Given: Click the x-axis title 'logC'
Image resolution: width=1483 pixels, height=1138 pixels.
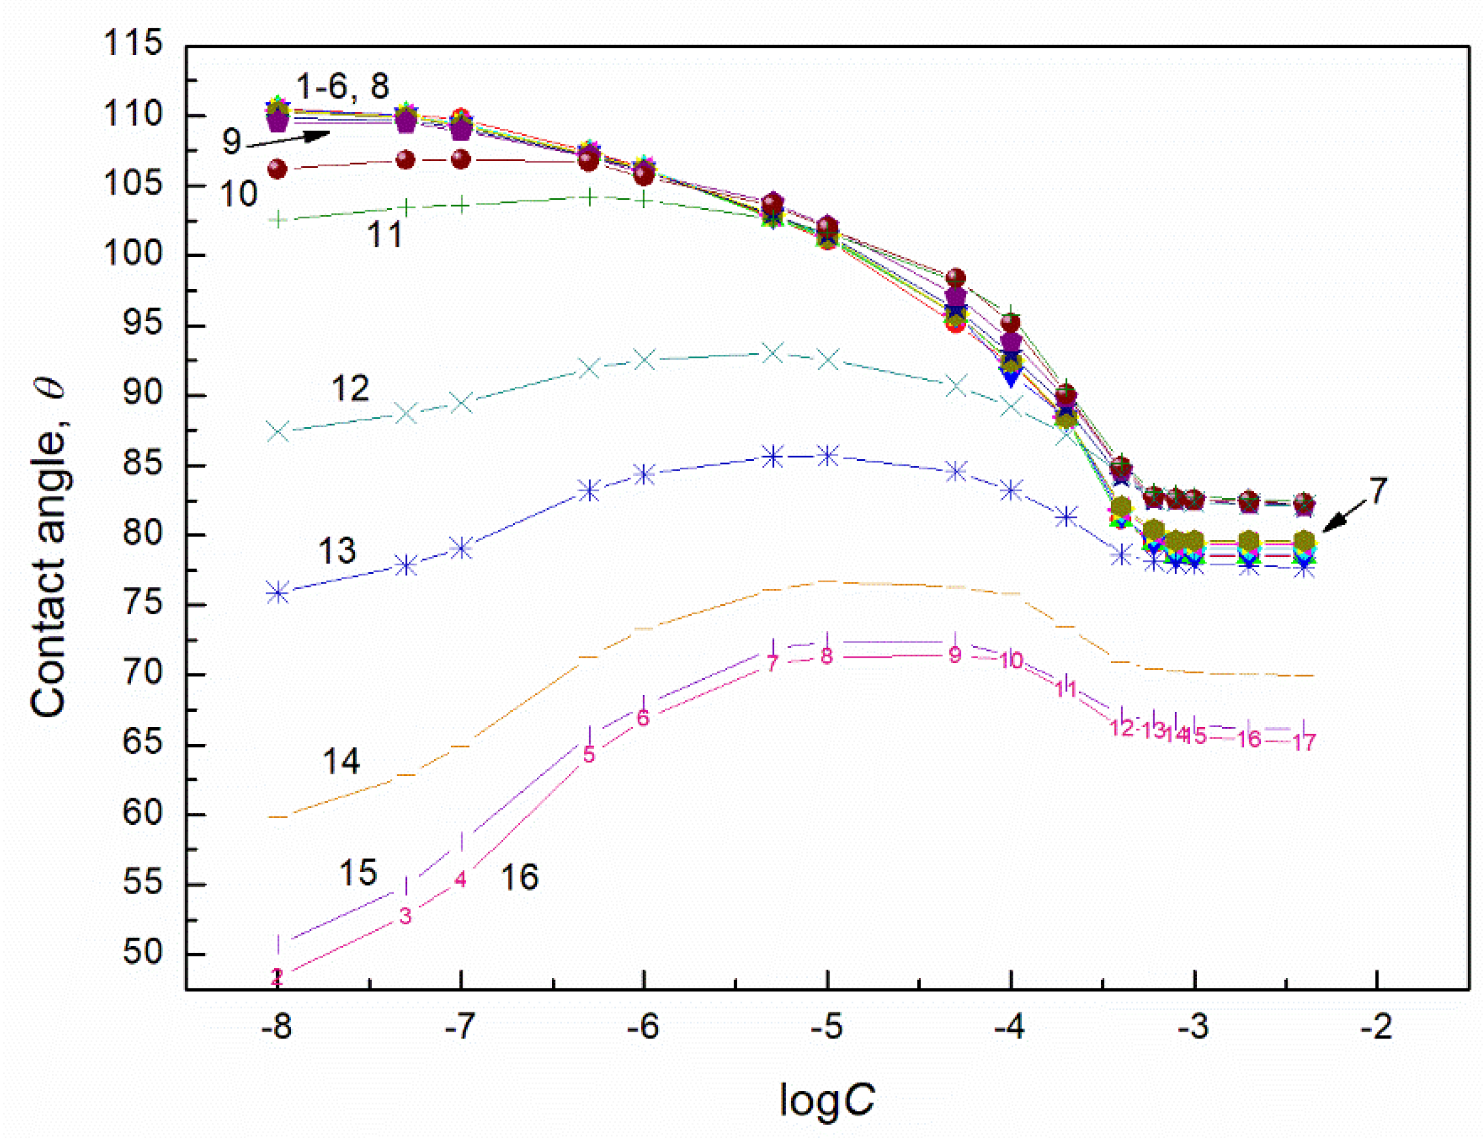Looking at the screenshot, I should point(826,1099).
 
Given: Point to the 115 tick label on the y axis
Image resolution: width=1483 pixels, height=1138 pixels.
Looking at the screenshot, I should point(133,43).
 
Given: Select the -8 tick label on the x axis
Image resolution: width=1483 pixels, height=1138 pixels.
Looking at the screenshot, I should point(276,1028).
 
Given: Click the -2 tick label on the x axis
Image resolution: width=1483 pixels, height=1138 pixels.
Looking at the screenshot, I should point(1376,1028).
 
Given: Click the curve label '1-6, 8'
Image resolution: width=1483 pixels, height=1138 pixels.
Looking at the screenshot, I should point(342,87).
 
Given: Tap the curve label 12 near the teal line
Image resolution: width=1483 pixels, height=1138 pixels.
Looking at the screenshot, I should point(350,388).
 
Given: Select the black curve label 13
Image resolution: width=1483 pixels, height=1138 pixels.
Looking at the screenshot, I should point(337,551).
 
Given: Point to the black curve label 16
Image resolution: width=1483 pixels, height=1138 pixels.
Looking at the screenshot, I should point(519,877).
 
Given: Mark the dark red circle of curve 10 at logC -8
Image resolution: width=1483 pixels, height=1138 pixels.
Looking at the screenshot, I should point(277,169).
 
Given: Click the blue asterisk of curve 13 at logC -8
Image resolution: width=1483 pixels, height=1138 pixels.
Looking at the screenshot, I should point(277,593).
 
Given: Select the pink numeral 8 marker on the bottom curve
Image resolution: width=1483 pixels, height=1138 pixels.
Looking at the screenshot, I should point(825,656).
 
